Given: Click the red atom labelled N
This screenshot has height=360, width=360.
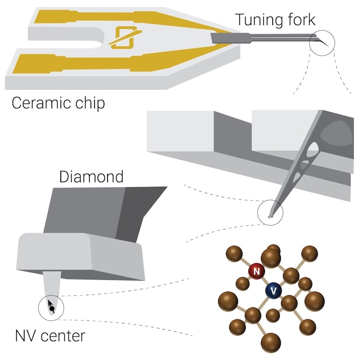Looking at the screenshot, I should pos(256,271).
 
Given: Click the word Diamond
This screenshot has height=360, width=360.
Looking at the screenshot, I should pos(91,176).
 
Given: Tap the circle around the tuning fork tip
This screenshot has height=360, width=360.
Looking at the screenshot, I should pos(323,44).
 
